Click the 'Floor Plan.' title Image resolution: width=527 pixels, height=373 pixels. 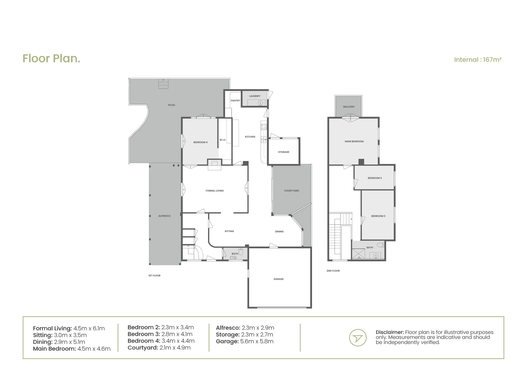tap(51, 59)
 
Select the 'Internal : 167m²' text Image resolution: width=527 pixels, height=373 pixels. tap(477, 60)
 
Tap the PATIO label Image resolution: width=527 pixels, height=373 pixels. tap(171, 105)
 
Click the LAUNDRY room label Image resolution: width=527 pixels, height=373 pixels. tap(255, 96)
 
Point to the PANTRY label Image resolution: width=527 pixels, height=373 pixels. tap(235, 101)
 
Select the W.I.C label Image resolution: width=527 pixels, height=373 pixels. tap(222, 140)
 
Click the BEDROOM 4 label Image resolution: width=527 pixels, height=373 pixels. tap(200, 142)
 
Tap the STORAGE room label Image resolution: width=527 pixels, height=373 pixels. tap(284, 152)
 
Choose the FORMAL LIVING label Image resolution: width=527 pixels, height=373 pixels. tap(215, 191)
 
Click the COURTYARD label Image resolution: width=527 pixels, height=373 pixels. tap(291, 191)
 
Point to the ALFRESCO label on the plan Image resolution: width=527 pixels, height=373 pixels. tap(164, 216)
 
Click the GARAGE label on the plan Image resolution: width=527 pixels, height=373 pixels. tap(279, 279)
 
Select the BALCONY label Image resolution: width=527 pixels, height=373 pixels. tap(349, 107)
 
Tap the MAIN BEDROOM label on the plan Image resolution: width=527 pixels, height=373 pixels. tap(354, 141)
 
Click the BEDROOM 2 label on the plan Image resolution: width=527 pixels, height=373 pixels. tap(374, 178)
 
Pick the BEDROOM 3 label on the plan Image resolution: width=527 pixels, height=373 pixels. tap(378, 216)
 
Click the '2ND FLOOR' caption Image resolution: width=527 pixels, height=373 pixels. tap(333, 271)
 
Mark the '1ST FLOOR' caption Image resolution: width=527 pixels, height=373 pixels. tap(154, 276)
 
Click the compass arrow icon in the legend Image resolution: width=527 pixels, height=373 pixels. tap(358, 337)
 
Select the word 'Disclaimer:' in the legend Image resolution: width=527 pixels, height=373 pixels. tap(389, 332)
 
